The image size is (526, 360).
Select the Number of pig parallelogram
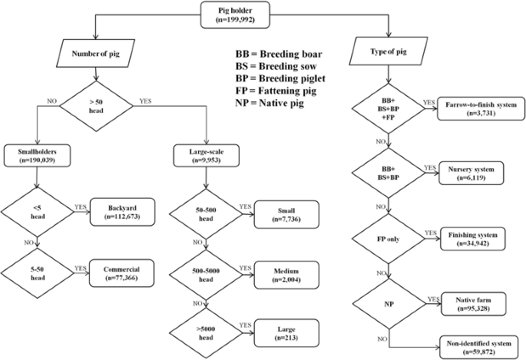pos(94,54)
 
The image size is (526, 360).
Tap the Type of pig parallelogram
pos(388,54)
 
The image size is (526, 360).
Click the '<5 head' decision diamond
pos(37,209)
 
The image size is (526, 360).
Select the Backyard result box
pos(123,209)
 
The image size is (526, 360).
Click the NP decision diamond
pos(388,303)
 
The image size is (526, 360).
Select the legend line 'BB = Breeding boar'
pos(278,55)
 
